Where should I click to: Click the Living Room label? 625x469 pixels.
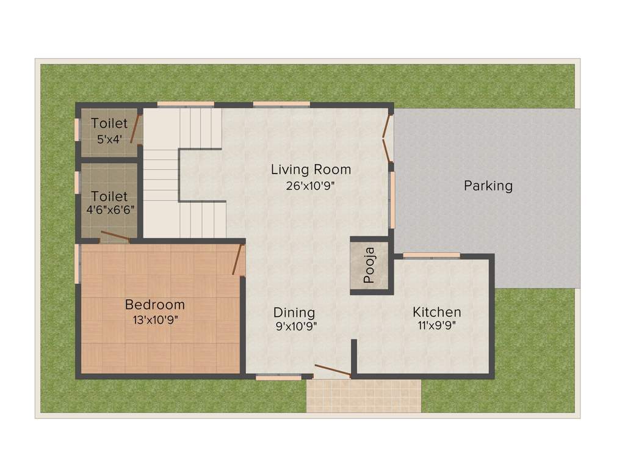[311, 169]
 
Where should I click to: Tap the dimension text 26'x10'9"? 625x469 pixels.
[311, 186]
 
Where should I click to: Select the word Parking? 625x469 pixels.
[488, 186]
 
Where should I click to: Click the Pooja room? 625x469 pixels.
[369, 266]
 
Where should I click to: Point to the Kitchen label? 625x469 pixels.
[436, 312]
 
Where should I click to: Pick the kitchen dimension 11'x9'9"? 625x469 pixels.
[436, 325]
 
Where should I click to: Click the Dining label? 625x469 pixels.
[294, 313]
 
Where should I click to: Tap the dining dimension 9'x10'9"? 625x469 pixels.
[295, 326]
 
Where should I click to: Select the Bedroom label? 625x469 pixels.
[154, 304]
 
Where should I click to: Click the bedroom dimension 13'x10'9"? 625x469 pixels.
[155, 319]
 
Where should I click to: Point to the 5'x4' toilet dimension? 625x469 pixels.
[109, 139]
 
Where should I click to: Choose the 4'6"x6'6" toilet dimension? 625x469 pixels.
[110, 209]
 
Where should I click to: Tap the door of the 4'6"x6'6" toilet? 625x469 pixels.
[115, 236]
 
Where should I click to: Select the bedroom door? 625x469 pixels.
[238, 260]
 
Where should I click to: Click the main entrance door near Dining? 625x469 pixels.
[332, 370]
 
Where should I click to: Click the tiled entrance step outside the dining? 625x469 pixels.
[364, 396]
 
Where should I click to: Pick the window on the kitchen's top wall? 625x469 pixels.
[432, 255]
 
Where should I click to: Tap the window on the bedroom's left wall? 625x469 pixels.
[77, 264]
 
